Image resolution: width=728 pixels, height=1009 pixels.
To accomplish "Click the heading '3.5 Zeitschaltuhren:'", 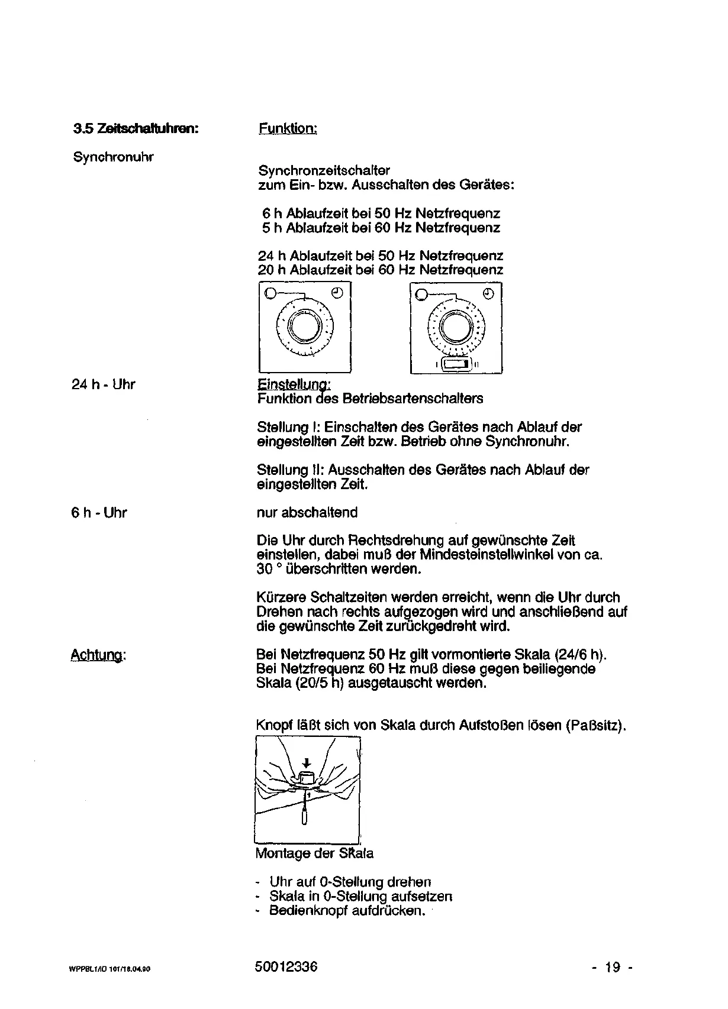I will click(135, 128).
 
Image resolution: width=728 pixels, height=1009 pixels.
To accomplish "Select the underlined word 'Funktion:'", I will click(288, 128).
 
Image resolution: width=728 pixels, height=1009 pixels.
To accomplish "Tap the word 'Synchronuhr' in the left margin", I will click(113, 157).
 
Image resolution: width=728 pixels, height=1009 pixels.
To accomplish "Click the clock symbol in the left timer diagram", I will click(337, 293).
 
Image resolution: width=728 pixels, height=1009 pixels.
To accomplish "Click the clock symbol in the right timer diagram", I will click(489, 293).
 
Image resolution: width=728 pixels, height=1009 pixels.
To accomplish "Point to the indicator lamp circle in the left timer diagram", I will click(270, 293).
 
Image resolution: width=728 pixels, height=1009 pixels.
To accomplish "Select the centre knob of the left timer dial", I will click(305, 326).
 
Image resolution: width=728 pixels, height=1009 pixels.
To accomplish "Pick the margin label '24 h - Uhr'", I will click(104, 384).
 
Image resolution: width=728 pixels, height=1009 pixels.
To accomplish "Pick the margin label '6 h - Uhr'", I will click(99, 513).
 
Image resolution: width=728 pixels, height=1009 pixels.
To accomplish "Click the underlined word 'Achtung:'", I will click(99, 655).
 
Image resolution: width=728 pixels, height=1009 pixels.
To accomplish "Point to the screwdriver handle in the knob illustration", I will click(304, 816).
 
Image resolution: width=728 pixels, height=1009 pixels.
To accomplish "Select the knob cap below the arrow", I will click(306, 777).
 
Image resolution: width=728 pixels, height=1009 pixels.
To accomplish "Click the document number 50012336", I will click(286, 967).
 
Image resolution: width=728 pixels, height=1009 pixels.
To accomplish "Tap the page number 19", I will click(613, 968).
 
